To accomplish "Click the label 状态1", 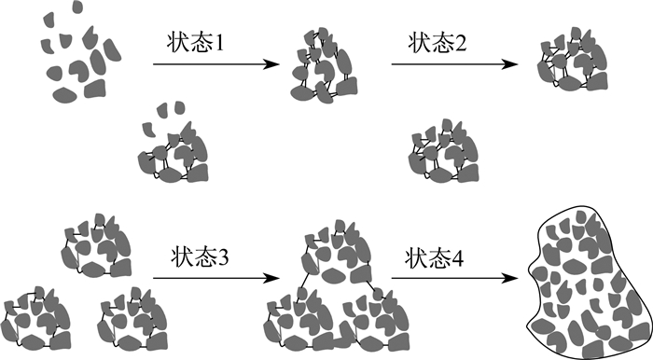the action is tap(195, 43).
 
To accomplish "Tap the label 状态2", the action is tap(438, 43).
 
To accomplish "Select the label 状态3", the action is tap(200, 257).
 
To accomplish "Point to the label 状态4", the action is tap(435, 258).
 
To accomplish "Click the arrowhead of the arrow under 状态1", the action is tap(271, 64).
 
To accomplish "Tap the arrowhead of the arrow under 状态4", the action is tap(509, 278).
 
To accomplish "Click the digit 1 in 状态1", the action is tap(218, 43).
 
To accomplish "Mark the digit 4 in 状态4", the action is tap(458, 259).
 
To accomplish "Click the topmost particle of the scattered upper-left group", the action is tap(77, 7).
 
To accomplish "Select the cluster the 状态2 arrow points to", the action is tap(573, 59).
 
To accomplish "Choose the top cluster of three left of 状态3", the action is tap(96, 245).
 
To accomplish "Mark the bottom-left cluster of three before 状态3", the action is tap(35, 318).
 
